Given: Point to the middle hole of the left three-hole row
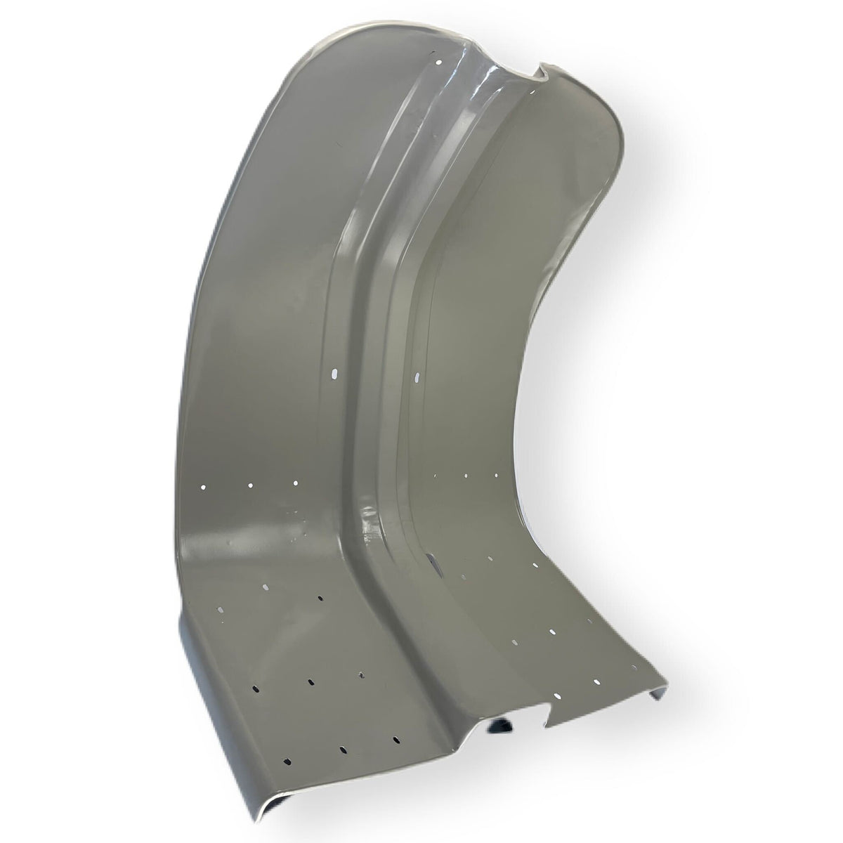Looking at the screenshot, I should pyautogui.click(x=249, y=485).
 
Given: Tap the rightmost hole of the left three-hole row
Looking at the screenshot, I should pyautogui.click(x=295, y=483).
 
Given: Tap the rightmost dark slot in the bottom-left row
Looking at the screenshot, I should pyautogui.click(x=396, y=740).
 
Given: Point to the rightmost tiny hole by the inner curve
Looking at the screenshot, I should pyautogui.click(x=497, y=476).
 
